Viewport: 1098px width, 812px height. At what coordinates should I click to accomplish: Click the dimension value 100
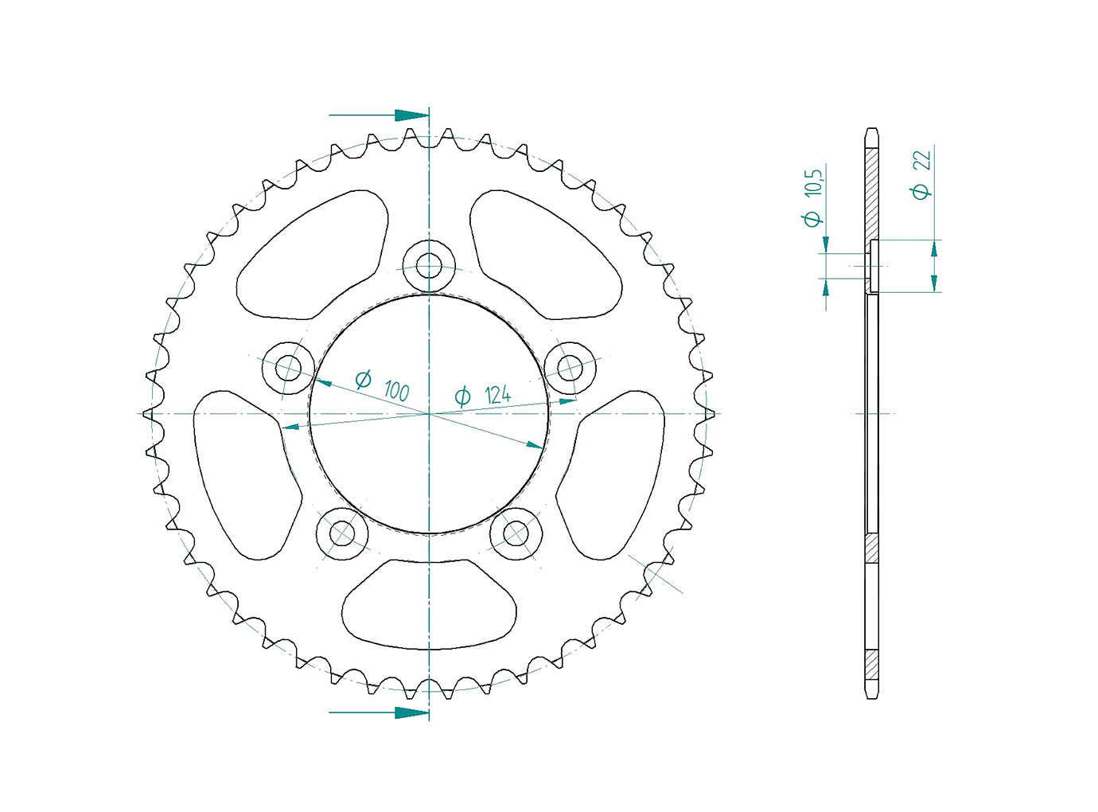[x=396, y=391]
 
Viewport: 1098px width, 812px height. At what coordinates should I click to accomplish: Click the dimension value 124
[x=497, y=395]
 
